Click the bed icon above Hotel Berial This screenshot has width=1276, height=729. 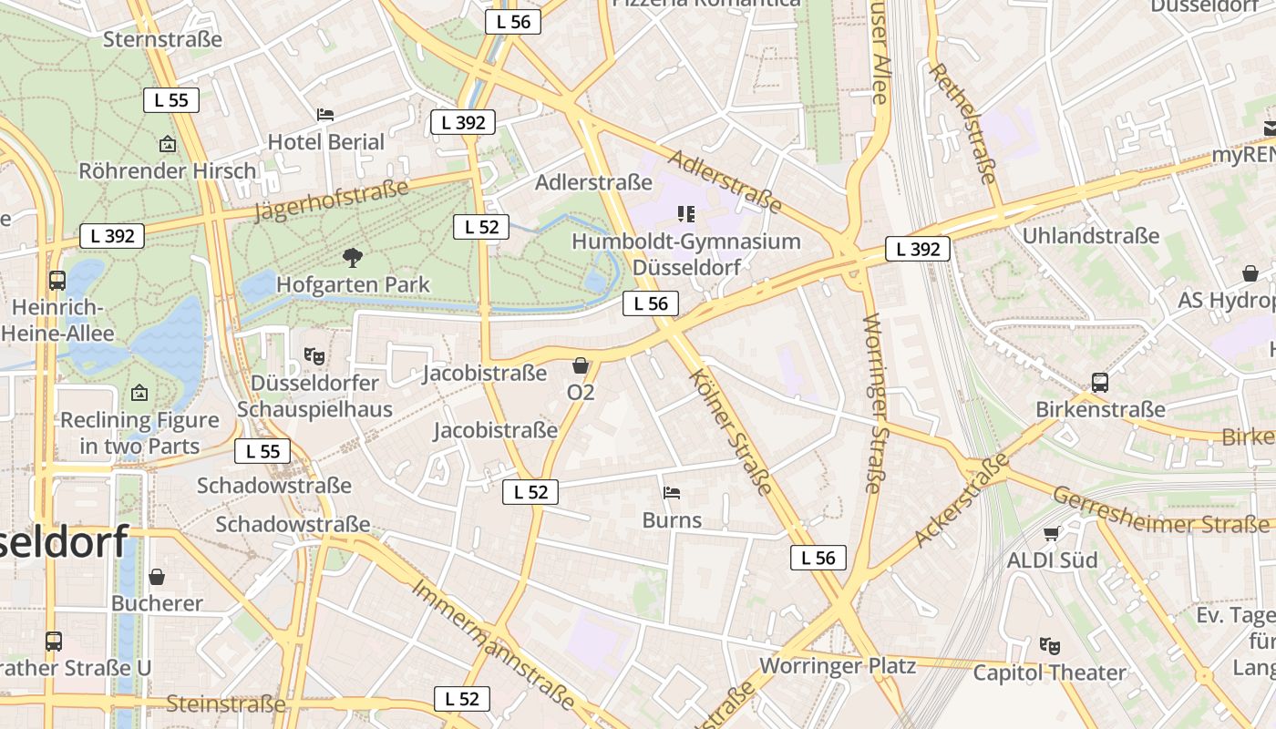pos(325,115)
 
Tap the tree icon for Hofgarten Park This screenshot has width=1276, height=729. pos(353,258)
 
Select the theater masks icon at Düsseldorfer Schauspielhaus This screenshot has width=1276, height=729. pos(314,355)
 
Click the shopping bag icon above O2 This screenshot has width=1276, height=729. pos(581,366)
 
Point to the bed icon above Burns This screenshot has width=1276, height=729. pos(672,493)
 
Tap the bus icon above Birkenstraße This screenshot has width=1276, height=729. pos(1100,383)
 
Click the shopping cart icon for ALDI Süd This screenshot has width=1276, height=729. pos(1052,533)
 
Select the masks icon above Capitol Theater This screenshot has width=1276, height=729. pos(1050,646)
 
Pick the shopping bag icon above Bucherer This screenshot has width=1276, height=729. pos(157,577)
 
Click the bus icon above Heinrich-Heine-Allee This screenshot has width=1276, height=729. pos(57,281)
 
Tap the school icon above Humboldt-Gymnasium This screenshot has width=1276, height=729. pos(686,214)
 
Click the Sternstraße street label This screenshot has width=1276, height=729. pos(163,39)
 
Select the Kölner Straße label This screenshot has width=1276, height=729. pos(732,431)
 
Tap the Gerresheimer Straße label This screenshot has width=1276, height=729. pos(1161,510)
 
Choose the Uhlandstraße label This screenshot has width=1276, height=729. pos(1091,236)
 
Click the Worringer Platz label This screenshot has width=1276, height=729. pos(838,665)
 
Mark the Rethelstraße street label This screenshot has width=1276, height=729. pos(962,123)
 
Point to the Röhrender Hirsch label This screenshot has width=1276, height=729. pos(168,170)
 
